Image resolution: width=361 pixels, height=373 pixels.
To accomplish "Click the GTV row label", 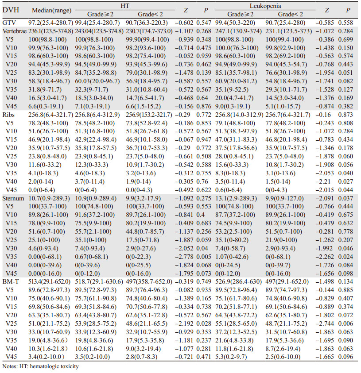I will pyautogui.click(x=9, y=22).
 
